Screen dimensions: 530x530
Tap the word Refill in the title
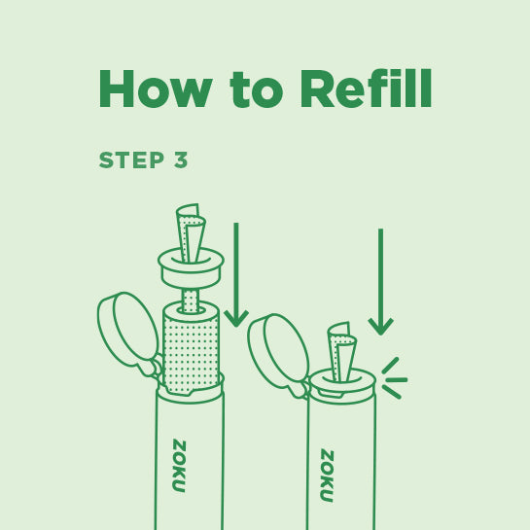click(366, 89)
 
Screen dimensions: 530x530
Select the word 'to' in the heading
click(256, 91)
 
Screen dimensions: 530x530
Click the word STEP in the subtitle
click(131, 160)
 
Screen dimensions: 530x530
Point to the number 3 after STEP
click(181, 160)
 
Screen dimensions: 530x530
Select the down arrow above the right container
click(380, 282)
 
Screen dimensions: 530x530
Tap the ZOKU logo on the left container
click(178, 466)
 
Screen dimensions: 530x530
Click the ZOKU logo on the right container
click(326, 476)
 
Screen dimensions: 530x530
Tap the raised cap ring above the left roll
click(191, 266)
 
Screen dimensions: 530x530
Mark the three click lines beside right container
click(393, 378)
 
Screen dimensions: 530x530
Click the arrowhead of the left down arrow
click(236, 317)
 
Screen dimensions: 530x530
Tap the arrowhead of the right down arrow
click(380, 325)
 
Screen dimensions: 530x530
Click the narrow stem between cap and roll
click(191, 297)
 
